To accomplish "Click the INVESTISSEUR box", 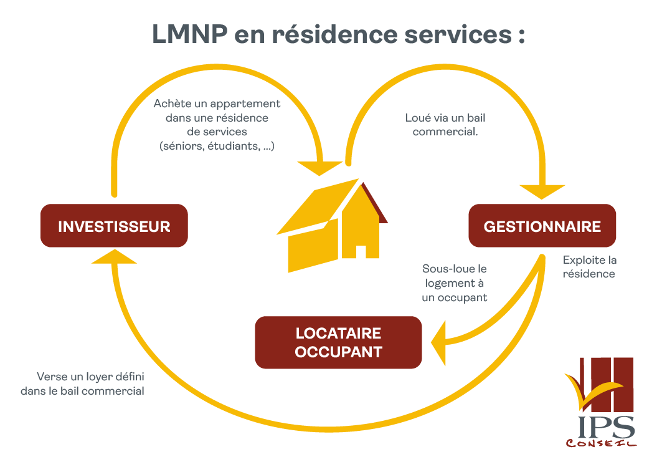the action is point(114,226).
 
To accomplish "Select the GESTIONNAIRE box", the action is point(542,226).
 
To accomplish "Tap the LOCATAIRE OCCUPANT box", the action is point(338,342).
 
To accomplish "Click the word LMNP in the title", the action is point(189,34).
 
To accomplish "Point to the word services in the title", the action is point(458,34).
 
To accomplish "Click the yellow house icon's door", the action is point(361,251).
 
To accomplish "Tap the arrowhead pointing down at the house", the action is point(319,168).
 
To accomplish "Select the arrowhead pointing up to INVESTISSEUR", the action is point(114,256).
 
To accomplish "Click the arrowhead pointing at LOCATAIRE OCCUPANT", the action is point(439,343).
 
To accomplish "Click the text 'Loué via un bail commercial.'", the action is point(445,125).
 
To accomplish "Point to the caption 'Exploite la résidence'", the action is point(589,267).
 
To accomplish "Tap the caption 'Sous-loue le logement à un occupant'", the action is point(454,283).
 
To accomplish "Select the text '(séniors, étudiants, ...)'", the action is point(217,146).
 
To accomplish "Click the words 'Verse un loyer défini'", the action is point(90,376).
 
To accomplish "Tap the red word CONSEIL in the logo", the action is point(601,443).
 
